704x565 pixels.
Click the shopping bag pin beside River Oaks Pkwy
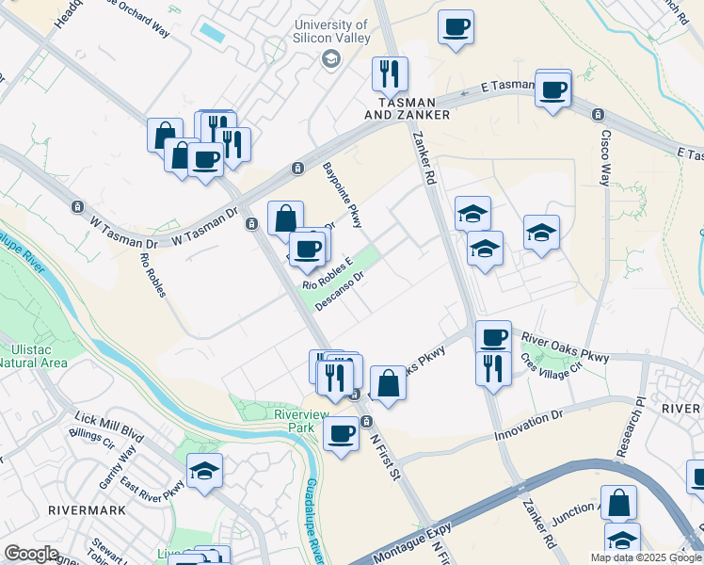[388, 382]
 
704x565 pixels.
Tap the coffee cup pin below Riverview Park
[341, 433]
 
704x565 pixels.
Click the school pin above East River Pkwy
[204, 471]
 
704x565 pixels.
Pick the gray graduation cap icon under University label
[330, 59]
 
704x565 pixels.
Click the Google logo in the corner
[31, 554]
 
